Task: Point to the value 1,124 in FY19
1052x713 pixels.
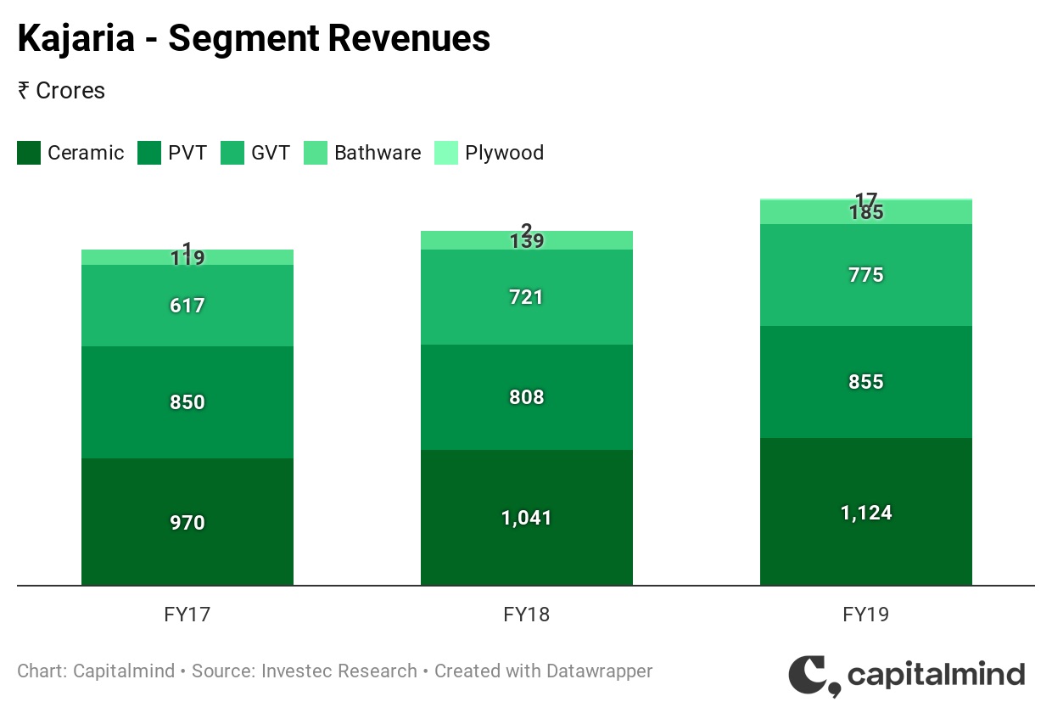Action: (865, 513)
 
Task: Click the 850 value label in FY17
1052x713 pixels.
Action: (187, 402)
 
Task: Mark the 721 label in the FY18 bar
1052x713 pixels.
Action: (527, 297)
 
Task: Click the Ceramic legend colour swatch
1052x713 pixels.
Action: (29, 153)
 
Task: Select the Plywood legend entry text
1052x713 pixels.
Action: (504, 153)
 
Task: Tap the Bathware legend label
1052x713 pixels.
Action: (378, 153)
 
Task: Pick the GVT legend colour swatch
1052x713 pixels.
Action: (232, 153)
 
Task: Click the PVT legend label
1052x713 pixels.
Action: (187, 153)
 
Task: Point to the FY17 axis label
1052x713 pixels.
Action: (187, 615)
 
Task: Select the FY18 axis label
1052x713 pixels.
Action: (527, 615)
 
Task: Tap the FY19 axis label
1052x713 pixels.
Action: (866, 615)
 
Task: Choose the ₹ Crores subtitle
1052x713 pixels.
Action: (61, 91)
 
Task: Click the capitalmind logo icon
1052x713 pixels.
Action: (813, 676)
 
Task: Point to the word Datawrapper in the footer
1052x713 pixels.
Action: (599, 671)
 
